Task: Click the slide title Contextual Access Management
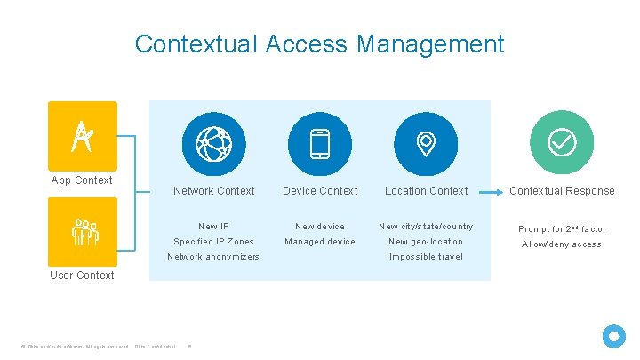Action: [x=319, y=44]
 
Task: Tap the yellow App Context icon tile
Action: [x=83, y=135]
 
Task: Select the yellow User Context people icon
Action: [x=83, y=231]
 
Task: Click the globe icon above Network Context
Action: [x=213, y=144]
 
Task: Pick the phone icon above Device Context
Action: [x=320, y=144]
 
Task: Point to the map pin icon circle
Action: [x=427, y=144]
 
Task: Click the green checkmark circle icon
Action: [x=562, y=142]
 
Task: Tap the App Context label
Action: [x=82, y=180]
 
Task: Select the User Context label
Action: [x=82, y=276]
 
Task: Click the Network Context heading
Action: [x=213, y=191]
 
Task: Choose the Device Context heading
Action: [x=320, y=191]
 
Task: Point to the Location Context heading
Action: [x=427, y=191]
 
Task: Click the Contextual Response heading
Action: [x=562, y=191]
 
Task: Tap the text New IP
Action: [x=213, y=227]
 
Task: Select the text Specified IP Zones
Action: [x=213, y=242]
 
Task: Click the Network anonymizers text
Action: [x=213, y=257]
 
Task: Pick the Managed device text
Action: [x=320, y=242]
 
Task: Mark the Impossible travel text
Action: [x=427, y=257]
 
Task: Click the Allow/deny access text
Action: [x=562, y=244]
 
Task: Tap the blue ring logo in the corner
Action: [x=614, y=336]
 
